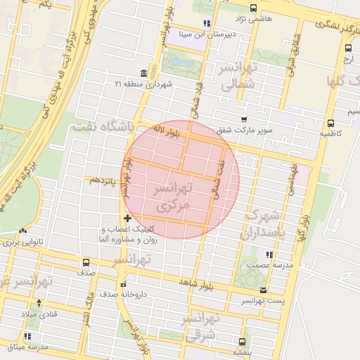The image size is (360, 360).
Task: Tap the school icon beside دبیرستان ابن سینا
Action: pyautogui.click(x=206, y=23)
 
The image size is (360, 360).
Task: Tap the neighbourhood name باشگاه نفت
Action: pyautogui.click(x=104, y=126)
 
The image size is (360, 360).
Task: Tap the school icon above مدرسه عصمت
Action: pyautogui.click(x=269, y=254)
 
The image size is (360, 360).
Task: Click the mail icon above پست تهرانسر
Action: pyautogui.click(x=263, y=290)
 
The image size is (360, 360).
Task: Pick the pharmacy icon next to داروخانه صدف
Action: pyautogui.click(x=123, y=285)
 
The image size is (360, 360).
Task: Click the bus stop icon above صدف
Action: pyautogui.click(x=86, y=262)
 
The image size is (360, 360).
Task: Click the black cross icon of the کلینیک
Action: pyautogui.click(x=127, y=219)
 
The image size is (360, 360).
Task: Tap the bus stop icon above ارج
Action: pyautogui.click(x=347, y=48)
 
